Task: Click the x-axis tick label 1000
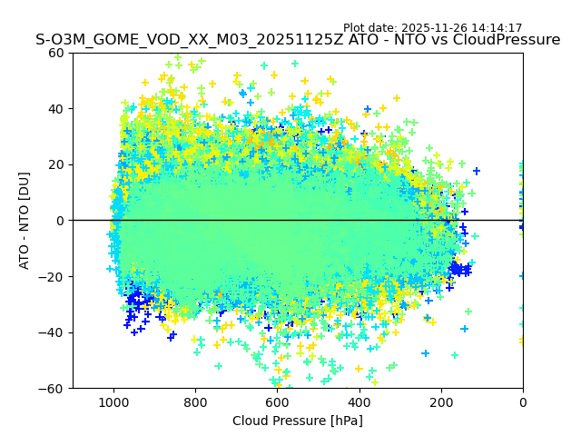point(113,402)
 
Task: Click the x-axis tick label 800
point(195,402)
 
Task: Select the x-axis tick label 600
point(277,402)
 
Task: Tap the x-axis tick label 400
point(359,402)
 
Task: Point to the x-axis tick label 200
point(440,402)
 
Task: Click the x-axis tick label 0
point(522,402)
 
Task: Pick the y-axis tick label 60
point(55,53)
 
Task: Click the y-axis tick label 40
point(55,109)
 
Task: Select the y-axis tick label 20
point(55,164)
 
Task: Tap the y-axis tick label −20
point(52,276)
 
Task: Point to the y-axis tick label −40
point(52,332)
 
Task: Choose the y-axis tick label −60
point(52,388)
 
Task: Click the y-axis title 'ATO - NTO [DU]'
point(25,221)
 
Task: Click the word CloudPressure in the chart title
point(506,40)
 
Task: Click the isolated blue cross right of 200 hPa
point(476,171)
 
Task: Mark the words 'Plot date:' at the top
point(370,28)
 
